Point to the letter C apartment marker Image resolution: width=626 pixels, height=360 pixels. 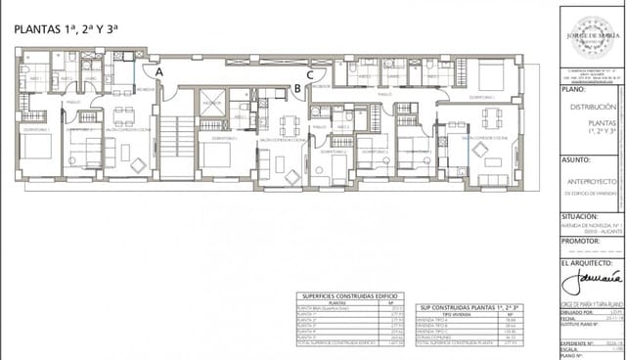tap(310, 72)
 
